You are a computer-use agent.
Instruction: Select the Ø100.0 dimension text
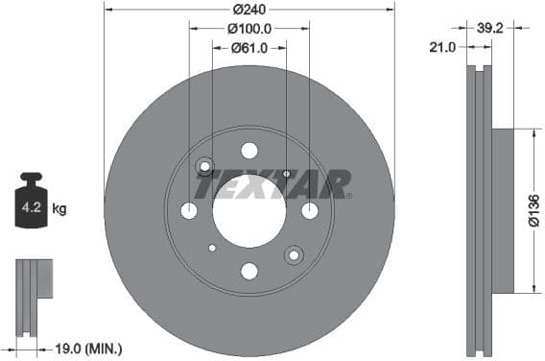point(249,29)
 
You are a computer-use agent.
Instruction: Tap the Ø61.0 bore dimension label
point(249,48)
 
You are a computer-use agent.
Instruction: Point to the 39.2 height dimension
point(490,29)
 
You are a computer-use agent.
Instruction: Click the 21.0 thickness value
point(443,47)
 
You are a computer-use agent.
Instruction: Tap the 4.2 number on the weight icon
point(31,206)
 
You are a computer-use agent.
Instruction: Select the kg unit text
point(59,207)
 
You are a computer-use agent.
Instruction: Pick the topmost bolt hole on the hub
point(249,150)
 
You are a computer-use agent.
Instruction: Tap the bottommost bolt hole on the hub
point(249,271)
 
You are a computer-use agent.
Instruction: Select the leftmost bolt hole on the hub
point(189,210)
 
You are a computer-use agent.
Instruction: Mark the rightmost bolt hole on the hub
point(310,210)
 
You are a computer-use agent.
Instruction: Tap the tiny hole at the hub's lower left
point(212,247)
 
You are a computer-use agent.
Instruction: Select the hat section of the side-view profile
point(503,210)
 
